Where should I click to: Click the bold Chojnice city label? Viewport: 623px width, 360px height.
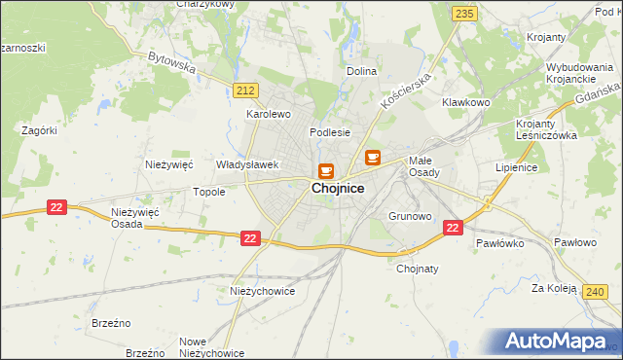pyautogui.click(x=338, y=190)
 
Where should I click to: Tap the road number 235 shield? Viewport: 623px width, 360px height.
pyautogui.click(x=464, y=13)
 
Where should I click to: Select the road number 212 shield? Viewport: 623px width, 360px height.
pyautogui.click(x=245, y=90)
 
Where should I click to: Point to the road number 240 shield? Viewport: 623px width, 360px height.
pyautogui.click(x=596, y=291)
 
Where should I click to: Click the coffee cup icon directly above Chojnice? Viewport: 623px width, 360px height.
pyautogui.click(x=325, y=169)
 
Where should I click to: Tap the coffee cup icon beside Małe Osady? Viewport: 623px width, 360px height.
pyautogui.click(x=373, y=157)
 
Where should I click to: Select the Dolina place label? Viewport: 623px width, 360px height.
pyautogui.click(x=361, y=72)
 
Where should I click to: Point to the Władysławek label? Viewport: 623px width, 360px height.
pyautogui.click(x=247, y=165)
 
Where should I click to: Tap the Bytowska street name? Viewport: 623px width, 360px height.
pyautogui.click(x=171, y=62)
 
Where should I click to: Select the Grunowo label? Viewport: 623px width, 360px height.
pyautogui.click(x=409, y=216)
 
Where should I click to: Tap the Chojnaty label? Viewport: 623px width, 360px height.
pyautogui.click(x=418, y=270)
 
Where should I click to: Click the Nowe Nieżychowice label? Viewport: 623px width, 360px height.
pyautogui.click(x=211, y=347)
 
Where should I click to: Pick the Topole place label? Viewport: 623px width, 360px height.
pyautogui.click(x=209, y=193)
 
